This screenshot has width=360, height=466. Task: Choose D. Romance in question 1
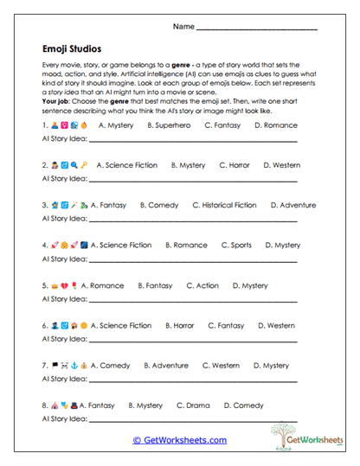[276, 125]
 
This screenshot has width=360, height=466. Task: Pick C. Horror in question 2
[235, 165]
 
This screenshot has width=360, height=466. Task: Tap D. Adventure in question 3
[293, 206]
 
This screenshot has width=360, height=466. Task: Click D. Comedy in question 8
[244, 405]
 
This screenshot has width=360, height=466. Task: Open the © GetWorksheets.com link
[180, 440]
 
